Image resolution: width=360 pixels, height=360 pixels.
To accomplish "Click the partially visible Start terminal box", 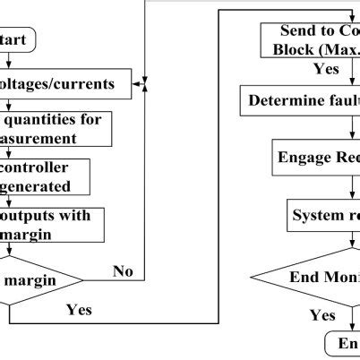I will [18, 41].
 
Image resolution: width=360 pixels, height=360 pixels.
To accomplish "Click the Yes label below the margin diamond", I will [80, 310].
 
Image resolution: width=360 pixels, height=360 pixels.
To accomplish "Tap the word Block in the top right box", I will [289, 47].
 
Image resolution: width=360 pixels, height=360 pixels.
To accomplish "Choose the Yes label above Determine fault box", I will [325, 68].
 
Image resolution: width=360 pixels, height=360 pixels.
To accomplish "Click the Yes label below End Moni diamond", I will [322, 315].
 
